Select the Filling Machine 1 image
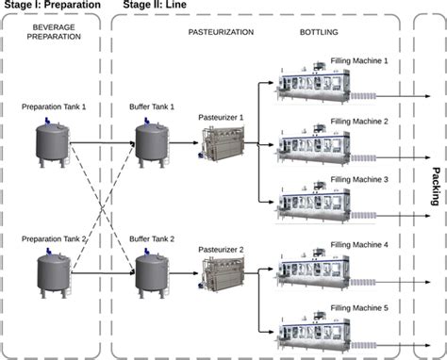point(321,88)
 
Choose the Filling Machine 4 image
point(321,271)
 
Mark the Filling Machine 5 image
point(321,331)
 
